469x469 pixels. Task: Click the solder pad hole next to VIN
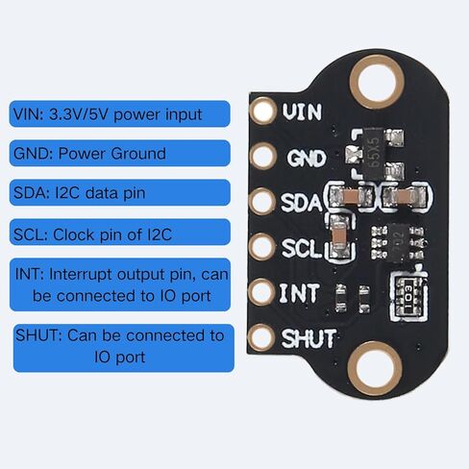[x=263, y=111]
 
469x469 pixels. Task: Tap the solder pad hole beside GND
[x=263, y=156]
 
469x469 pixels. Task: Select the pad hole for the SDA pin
[x=262, y=201]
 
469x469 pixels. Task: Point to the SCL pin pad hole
[x=262, y=246]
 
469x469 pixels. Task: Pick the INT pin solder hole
[x=261, y=292]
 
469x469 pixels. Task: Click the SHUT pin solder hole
[x=261, y=337]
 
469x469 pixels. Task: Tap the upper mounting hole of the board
[x=377, y=81]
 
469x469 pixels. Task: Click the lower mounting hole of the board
[x=375, y=368]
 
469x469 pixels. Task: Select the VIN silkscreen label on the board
[x=302, y=111]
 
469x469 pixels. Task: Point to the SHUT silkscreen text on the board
[x=309, y=338]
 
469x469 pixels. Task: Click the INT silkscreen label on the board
[x=300, y=293]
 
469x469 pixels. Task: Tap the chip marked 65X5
[x=374, y=154]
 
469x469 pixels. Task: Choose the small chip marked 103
[x=409, y=297]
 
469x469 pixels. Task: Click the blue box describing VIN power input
[x=120, y=113]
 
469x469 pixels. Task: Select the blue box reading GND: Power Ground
[x=120, y=153]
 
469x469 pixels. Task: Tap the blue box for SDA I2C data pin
[x=120, y=192]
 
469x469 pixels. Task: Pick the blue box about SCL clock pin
[x=120, y=232]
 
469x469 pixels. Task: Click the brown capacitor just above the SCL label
[x=339, y=236]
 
